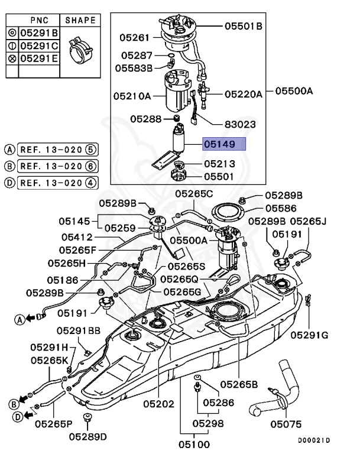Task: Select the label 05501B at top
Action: pyautogui.click(x=243, y=26)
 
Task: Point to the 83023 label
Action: pyautogui.click(x=240, y=125)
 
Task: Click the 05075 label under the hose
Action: pyautogui.click(x=286, y=424)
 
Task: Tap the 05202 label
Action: pyautogui.click(x=158, y=404)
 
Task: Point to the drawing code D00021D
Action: pyautogui.click(x=313, y=441)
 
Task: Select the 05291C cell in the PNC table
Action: pyautogui.click(x=39, y=46)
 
